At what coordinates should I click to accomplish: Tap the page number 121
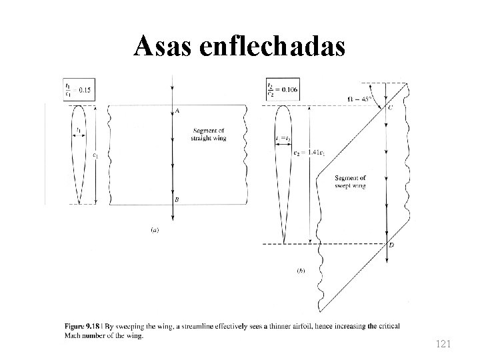443,344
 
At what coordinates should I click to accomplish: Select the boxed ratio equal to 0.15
78,88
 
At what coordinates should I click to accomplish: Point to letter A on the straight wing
177,111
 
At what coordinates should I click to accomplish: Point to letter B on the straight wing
176,199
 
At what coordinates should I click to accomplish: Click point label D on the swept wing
391,247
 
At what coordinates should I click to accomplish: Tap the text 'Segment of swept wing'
351,182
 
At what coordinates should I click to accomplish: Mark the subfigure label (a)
155,230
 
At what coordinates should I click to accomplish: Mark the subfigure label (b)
301,273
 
